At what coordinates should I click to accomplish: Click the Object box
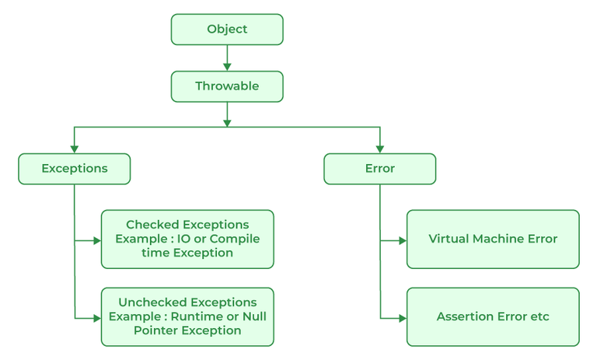227,30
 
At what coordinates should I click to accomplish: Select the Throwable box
227,86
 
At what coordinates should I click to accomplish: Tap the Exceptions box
75,169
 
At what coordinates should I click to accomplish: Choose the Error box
379,169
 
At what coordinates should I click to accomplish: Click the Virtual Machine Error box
493,239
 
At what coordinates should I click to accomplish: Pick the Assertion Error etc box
493,316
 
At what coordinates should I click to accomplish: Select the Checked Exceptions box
187,239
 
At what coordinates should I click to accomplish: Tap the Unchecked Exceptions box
187,316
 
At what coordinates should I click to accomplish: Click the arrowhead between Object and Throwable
227,66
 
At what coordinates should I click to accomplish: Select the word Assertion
465,316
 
